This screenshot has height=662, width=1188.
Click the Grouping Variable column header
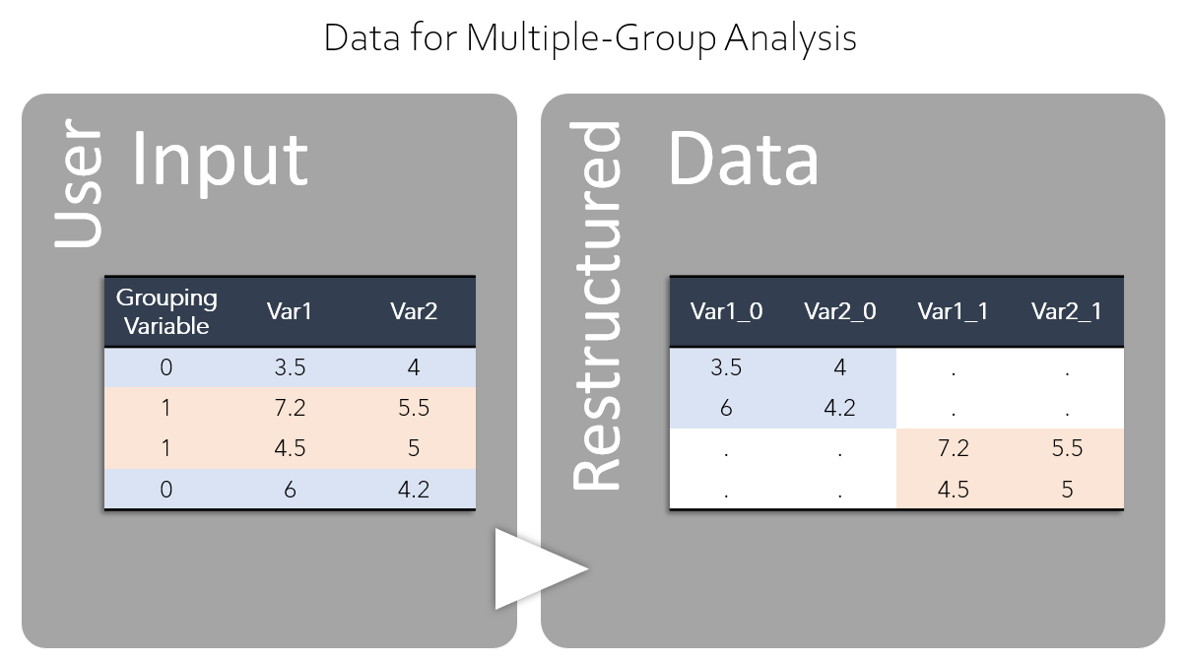(x=166, y=311)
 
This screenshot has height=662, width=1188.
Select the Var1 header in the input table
(x=289, y=311)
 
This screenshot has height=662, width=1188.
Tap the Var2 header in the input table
(x=414, y=311)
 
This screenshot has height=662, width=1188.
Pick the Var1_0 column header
(x=726, y=311)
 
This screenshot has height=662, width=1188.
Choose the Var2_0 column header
(x=839, y=311)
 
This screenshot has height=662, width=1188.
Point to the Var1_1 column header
(x=953, y=311)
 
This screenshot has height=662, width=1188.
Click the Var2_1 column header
(x=1067, y=311)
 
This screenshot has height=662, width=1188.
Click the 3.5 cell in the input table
(x=290, y=367)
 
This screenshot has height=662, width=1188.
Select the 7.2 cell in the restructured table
(x=953, y=448)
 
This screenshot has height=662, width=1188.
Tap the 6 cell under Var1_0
(x=726, y=408)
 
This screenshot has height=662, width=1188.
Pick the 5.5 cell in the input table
(x=414, y=408)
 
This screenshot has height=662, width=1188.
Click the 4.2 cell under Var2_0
(x=839, y=408)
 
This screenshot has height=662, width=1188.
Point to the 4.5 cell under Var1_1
(x=953, y=489)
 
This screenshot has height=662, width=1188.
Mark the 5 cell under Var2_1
(x=1067, y=489)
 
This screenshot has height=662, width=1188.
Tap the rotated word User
(x=78, y=183)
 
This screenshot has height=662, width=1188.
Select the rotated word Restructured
(x=596, y=305)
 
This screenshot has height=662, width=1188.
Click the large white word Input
(x=220, y=162)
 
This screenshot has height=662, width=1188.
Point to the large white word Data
(x=743, y=158)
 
